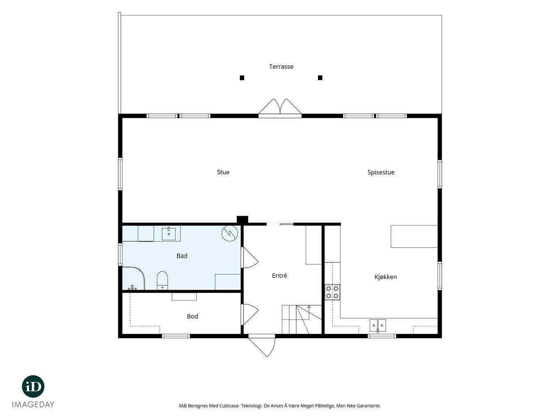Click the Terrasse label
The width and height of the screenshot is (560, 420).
281,66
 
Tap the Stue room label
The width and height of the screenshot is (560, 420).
223,172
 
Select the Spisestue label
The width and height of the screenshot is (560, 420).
381,172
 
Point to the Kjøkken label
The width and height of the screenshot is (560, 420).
386,277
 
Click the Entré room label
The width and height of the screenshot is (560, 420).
279,275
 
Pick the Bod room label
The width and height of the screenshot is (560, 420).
192,316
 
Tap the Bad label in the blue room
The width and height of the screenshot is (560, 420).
182,256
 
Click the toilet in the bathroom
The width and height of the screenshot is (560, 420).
162,281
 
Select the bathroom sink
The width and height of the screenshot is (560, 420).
169,234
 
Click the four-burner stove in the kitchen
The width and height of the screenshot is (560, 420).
332,292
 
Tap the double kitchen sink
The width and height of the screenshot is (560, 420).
377,325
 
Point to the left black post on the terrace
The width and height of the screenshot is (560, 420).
242,78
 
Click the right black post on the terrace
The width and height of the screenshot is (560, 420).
320,78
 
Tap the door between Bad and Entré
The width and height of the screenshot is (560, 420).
250,258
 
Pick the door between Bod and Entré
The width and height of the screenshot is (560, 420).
250,315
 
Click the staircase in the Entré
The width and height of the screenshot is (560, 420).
302,320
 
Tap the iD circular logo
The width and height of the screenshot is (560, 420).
33,386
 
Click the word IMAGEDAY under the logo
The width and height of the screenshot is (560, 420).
33,404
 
